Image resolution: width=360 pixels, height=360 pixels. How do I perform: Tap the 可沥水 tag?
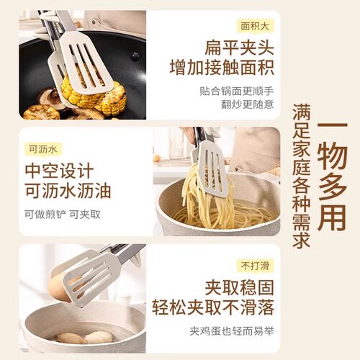pos(42,150)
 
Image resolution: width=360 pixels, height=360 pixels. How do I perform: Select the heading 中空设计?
pos(59,172)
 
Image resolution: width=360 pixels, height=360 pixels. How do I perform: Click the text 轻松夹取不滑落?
pos(215,308)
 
